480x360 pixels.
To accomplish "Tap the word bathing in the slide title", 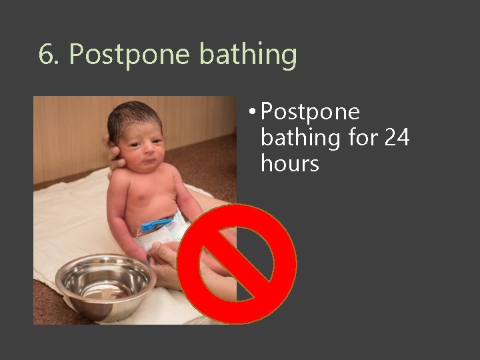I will coord(248,55).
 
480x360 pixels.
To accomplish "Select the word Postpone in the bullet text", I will coord(310,112).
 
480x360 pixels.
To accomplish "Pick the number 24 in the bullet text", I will coord(397,138).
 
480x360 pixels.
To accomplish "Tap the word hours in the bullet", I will coord(290,163).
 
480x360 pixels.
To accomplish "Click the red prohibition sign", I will coord(237,264).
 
